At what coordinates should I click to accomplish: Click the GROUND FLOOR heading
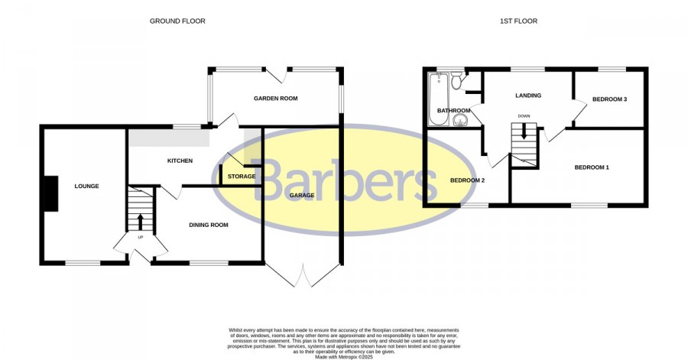click(177, 21)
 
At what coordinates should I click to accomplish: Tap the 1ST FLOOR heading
click(518, 21)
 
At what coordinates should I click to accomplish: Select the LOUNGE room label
click(86, 186)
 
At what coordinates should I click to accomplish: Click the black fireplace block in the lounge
click(51, 193)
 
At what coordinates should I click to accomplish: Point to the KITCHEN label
click(180, 161)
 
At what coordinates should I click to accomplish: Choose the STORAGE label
click(242, 177)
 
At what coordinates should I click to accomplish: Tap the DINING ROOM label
click(209, 225)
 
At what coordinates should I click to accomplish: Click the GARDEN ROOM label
click(275, 99)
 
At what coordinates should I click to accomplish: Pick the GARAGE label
click(302, 195)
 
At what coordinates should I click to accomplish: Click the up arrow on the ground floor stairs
click(141, 222)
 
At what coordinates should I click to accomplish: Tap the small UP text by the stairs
click(141, 237)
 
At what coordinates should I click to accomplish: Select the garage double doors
click(302, 275)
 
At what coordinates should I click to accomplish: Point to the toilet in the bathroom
click(456, 81)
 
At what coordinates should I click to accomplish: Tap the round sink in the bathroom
click(460, 120)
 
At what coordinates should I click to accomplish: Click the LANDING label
click(527, 95)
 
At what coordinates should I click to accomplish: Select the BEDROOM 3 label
click(609, 99)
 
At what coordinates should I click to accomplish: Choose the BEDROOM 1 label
click(592, 167)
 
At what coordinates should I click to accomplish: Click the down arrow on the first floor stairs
click(524, 131)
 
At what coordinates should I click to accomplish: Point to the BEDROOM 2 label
click(467, 180)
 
